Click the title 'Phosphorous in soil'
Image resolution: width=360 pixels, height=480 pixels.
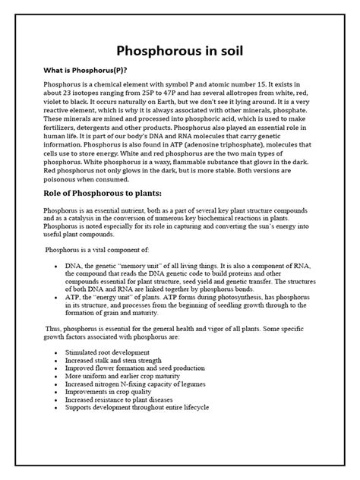click(x=179, y=51)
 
